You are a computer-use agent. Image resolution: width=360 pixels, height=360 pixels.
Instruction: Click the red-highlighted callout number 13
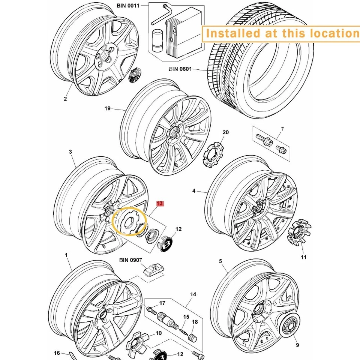pos(160,203)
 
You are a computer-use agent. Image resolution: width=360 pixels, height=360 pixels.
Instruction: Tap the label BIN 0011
pos(128,6)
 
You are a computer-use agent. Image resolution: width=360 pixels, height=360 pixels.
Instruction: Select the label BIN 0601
pos(180,69)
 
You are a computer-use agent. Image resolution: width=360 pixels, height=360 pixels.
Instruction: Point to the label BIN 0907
pos(130,260)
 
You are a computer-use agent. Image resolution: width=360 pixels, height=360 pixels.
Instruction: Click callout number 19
pos(108,108)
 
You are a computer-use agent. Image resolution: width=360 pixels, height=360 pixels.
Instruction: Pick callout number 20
pos(226,132)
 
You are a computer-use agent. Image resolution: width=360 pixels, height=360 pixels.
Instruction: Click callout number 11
pos(303,257)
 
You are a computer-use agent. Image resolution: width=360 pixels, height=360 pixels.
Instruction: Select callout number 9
pos(297,345)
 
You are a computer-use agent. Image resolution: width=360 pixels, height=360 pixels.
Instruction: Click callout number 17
pos(162,303)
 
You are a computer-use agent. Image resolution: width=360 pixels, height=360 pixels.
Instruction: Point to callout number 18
pos(195,322)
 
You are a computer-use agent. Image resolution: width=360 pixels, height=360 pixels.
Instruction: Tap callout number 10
pos(159,333)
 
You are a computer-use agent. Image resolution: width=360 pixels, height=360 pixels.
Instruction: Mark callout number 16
pos(57,353)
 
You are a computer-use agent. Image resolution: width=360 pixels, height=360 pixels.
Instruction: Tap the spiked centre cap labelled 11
pos(299,232)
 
